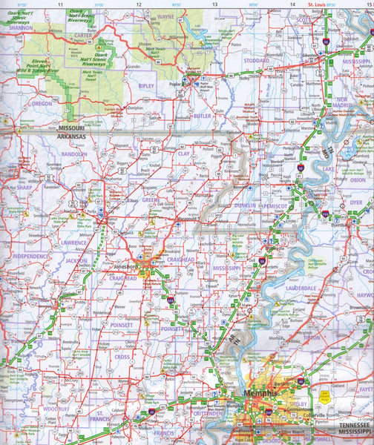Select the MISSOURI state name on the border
pyautogui.click(x=72, y=128)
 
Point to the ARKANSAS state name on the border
pyautogui.click(x=72, y=137)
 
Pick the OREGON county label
pyautogui.click(x=42, y=104)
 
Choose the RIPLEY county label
pyautogui.click(x=145, y=86)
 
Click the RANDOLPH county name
pyautogui.click(x=73, y=154)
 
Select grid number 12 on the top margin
pyautogui.click(x=139, y=5)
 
